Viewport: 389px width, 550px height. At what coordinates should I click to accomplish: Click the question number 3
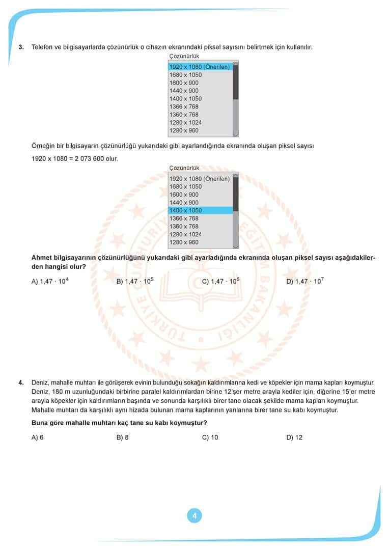pyautogui.click(x=21, y=47)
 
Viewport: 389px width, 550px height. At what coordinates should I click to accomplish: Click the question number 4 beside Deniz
pyautogui.click(x=21, y=382)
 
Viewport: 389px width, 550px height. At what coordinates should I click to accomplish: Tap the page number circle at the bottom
pyautogui.click(x=194, y=515)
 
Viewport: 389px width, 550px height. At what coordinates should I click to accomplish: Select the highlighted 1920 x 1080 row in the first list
pyautogui.click(x=200, y=67)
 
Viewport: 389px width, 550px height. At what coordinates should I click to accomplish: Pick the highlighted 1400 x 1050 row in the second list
pyautogui.click(x=200, y=210)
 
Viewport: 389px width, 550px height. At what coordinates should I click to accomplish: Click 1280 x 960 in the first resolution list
pyautogui.click(x=185, y=130)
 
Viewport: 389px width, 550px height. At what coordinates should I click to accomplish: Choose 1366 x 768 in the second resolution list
pyautogui.click(x=184, y=218)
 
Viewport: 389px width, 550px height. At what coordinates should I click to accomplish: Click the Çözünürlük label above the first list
pyautogui.click(x=184, y=56)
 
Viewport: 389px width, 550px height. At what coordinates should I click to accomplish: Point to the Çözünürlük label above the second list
pyautogui.click(x=184, y=168)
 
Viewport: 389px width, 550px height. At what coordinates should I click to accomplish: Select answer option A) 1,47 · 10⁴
pyautogui.click(x=50, y=281)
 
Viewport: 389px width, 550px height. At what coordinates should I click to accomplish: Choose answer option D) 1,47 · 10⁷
pyautogui.click(x=305, y=281)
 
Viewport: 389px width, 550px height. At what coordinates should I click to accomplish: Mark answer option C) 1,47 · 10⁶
pyautogui.click(x=220, y=281)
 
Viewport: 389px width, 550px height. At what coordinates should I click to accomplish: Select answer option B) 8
pyautogui.click(x=123, y=437)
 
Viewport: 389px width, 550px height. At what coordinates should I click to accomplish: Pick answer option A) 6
pyautogui.click(x=37, y=437)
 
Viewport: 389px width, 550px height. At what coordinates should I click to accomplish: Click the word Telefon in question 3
pyautogui.click(x=43, y=47)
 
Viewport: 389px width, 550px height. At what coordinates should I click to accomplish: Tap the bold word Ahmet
pyautogui.click(x=42, y=258)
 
